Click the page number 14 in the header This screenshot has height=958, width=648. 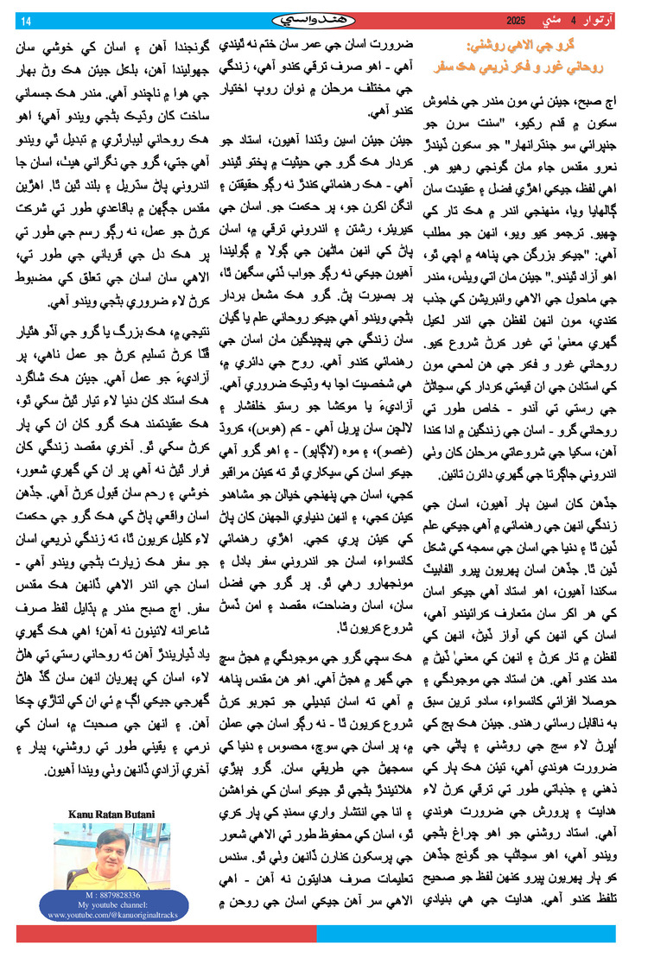click(25, 21)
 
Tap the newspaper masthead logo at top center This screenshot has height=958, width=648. click(311, 19)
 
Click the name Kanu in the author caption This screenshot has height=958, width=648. click(80, 813)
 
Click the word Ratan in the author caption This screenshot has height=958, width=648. click(107, 813)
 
